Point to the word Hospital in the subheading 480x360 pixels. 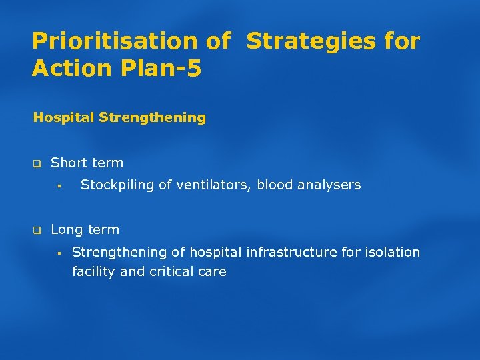(x=63, y=118)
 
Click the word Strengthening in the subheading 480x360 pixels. (x=152, y=118)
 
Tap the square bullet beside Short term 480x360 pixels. (x=37, y=163)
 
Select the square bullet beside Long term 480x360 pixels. (x=37, y=230)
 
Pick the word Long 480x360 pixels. (x=66, y=229)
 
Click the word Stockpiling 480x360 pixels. (x=117, y=185)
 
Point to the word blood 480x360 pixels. (x=274, y=185)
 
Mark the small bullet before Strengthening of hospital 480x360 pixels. (x=59, y=253)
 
